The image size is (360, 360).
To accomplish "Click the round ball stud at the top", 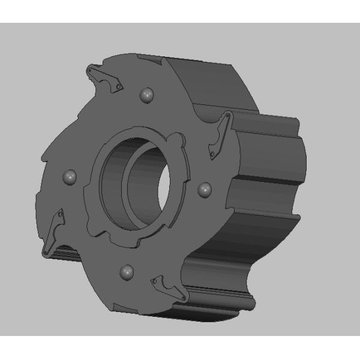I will (x=146, y=95).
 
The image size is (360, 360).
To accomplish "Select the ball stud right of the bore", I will (x=204, y=188).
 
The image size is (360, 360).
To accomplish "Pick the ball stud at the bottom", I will (x=127, y=272).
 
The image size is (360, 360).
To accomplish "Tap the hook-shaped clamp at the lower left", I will (x=53, y=230).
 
